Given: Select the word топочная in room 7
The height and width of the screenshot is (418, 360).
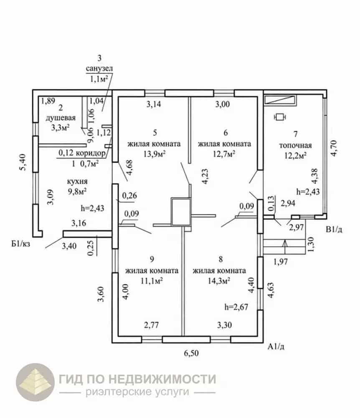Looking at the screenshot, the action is [295, 145].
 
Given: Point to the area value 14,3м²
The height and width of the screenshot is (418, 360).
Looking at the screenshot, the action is [219, 281].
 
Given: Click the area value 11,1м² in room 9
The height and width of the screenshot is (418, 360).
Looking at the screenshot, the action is [152, 281].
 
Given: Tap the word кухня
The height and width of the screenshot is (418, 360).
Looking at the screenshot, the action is [77, 181].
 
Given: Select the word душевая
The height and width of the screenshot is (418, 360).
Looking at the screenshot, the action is [61, 118].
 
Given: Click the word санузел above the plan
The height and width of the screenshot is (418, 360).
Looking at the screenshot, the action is [99, 69].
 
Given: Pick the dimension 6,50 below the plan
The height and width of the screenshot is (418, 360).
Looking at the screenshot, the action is [191, 353].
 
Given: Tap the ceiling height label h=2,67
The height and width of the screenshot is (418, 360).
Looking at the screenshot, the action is [236, 307].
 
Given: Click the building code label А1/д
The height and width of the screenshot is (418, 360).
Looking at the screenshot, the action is [276, 347].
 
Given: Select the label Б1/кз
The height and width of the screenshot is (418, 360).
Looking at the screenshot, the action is [20, 244].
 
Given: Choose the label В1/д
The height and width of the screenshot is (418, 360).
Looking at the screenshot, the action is [334, 229].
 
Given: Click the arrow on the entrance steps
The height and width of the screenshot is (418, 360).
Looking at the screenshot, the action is [285, 247].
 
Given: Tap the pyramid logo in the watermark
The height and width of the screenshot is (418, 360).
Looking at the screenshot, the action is [35, 382].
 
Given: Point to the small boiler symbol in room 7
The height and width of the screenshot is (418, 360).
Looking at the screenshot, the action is [280, 117].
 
